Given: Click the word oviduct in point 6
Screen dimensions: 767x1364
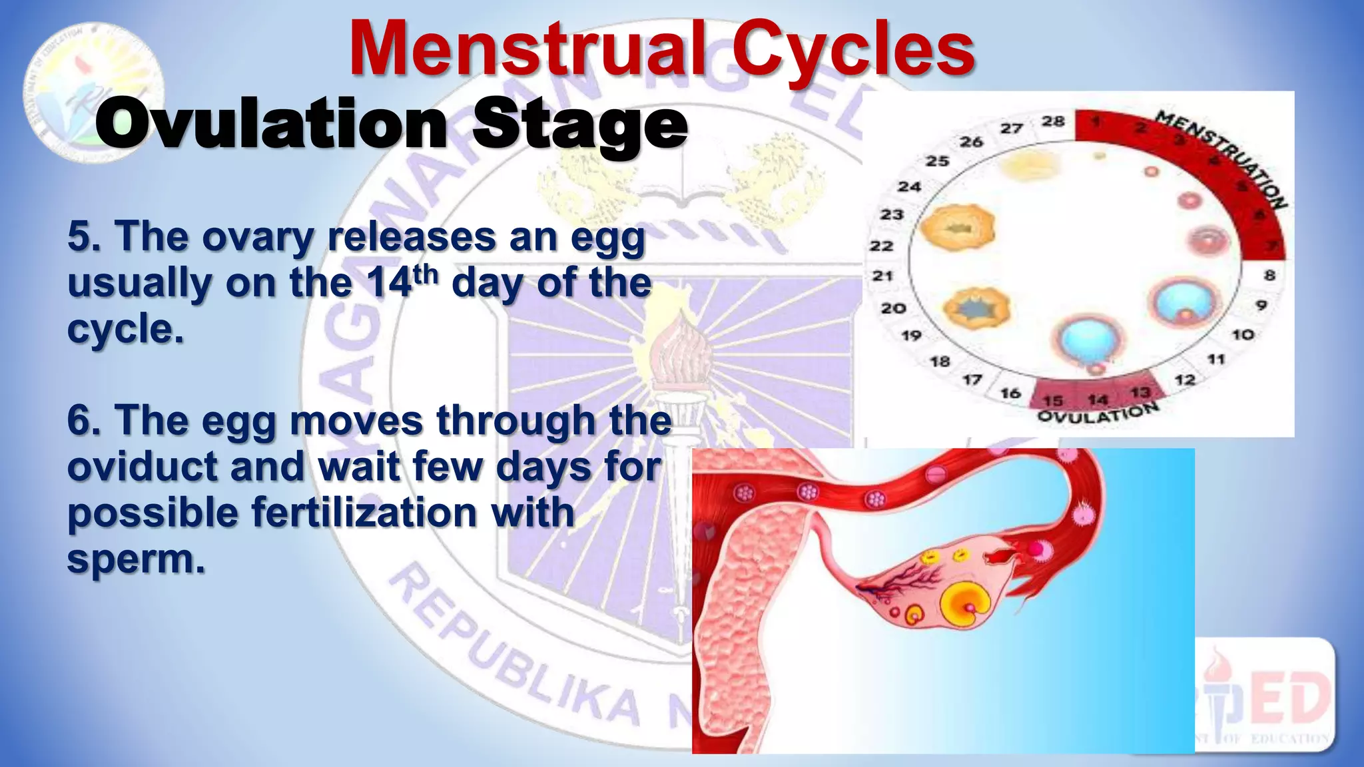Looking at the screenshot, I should (143, 466).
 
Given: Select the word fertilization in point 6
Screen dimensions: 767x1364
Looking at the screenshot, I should (364, 513).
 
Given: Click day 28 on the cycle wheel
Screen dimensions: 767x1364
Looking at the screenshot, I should (1053, 121).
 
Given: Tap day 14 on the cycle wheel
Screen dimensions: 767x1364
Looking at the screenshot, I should (1097, 399).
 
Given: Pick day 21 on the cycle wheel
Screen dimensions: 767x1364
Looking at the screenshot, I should (882, 276).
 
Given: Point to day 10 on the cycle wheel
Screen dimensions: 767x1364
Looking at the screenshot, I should (1243, 334).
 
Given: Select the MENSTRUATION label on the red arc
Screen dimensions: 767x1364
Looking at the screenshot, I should (1222, 159).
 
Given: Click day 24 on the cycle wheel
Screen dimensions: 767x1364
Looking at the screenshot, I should (909, 186).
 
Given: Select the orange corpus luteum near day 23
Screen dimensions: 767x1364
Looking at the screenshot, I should (957, 228).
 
